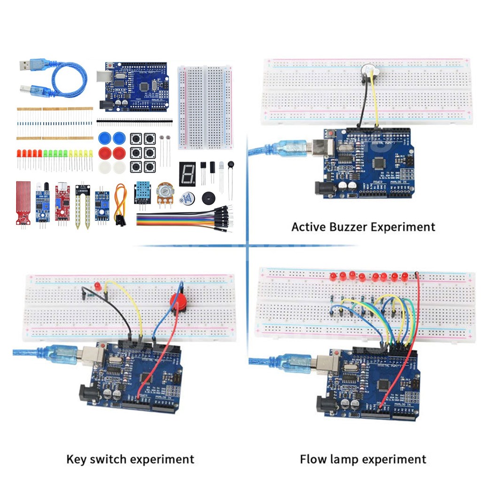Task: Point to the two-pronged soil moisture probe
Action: [82, 207]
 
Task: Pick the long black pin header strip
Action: [133, 121]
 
